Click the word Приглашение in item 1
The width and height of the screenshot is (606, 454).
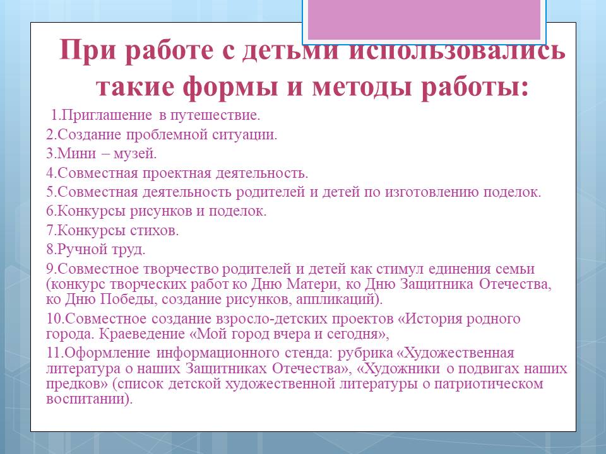[x=106, y=115]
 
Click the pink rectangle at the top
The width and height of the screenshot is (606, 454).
[x=424, y=20]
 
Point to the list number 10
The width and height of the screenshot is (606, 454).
[x=54, y=319]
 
